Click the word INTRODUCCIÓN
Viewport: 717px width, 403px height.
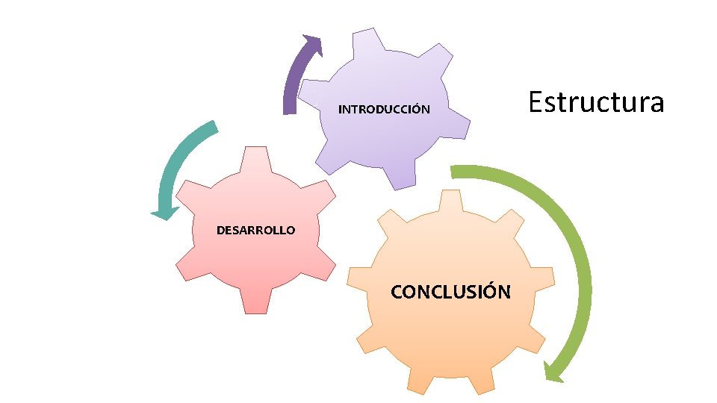pyautogui.click(x=384, y=110)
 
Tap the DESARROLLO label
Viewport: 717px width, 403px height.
pyautogui.click(x=255, y=230)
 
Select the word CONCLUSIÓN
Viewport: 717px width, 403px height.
pyautogui.click(x=450, y=291)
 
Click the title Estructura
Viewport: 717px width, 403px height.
pyautogui.click(x=595, y=101)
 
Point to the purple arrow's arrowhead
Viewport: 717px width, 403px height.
pyautogui.click(x=313, y=44)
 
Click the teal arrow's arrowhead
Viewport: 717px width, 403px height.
pyautogui.click(x=164, y=214)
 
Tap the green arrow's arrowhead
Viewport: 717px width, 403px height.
pyautogui.click(x=553, y=371)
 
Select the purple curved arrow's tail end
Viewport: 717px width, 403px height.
pyautogui.click(x=290, y=108)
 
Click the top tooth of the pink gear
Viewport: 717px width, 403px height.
pyautogui.click(x=255, y=156)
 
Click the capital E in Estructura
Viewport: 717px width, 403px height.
pyautogui.click(x=536, y=101)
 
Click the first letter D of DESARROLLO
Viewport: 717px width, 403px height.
pyautogui.click(x=221, y=230)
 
